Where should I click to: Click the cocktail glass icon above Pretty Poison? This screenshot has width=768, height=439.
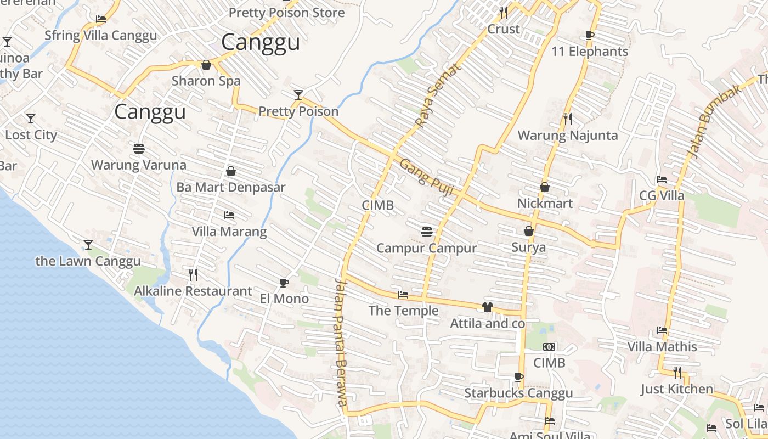[x=298, y=95]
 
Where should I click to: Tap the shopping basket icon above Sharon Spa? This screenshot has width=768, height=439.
[x=206, y=65]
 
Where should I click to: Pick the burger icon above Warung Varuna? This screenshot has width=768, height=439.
[x=138, y=149]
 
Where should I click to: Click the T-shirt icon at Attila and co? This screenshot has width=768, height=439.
[x=487, y=307]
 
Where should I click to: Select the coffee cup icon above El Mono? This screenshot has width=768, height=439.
[x=284, y=283]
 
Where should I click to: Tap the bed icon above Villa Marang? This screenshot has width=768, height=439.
[x=229, y=215]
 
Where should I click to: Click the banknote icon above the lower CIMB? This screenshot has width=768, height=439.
[x=549, y=347]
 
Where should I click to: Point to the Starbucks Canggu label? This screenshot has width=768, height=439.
[x=518, y=393]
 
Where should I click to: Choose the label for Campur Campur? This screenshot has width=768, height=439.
[x=426, y=248]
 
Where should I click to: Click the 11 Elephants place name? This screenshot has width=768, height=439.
[x=590, y=52]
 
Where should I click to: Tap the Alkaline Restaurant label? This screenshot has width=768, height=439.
[x=193, y=291]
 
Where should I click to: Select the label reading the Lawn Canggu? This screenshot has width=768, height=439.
[x=88, y=261]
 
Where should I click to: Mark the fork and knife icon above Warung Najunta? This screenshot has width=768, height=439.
[x=568, y=119]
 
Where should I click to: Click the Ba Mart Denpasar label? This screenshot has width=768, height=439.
[x=231, y=187]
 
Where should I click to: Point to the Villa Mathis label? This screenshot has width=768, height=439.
[x=662, y=347]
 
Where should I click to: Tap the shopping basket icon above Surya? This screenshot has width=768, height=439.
[x=529, y=231]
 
